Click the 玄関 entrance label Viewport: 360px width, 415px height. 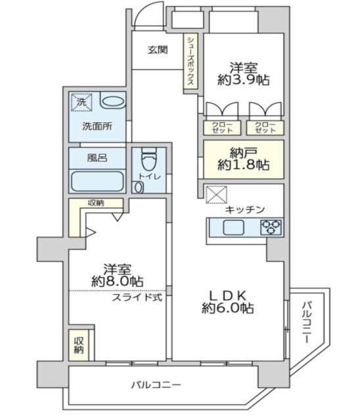point(158,49)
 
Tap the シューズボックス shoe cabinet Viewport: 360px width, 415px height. point(191,62)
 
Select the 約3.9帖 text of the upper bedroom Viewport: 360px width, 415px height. point(244,79)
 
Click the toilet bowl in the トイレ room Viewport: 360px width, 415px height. point(149,158)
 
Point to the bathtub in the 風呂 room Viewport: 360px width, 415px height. point(97,181)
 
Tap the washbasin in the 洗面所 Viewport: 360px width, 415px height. point(113,101)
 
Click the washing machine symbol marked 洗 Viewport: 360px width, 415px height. point(81,102)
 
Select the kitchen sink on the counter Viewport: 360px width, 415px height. point(233,227)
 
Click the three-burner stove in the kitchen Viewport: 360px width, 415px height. point(271,227)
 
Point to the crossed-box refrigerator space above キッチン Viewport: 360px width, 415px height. point(217,194)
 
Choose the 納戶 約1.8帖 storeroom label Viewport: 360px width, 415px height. point(244,159)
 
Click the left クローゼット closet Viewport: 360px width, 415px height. point(222,128)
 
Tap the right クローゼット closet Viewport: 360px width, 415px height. point(265,128)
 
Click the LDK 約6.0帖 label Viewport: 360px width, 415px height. point(228,302)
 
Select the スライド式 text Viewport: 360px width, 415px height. point(137,297)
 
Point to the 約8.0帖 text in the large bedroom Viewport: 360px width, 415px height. point(118,281)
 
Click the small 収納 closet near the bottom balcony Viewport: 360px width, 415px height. point(79,345)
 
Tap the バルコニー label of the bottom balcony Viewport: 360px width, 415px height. point(156,385)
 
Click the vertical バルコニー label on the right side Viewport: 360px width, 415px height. point(307,322)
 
